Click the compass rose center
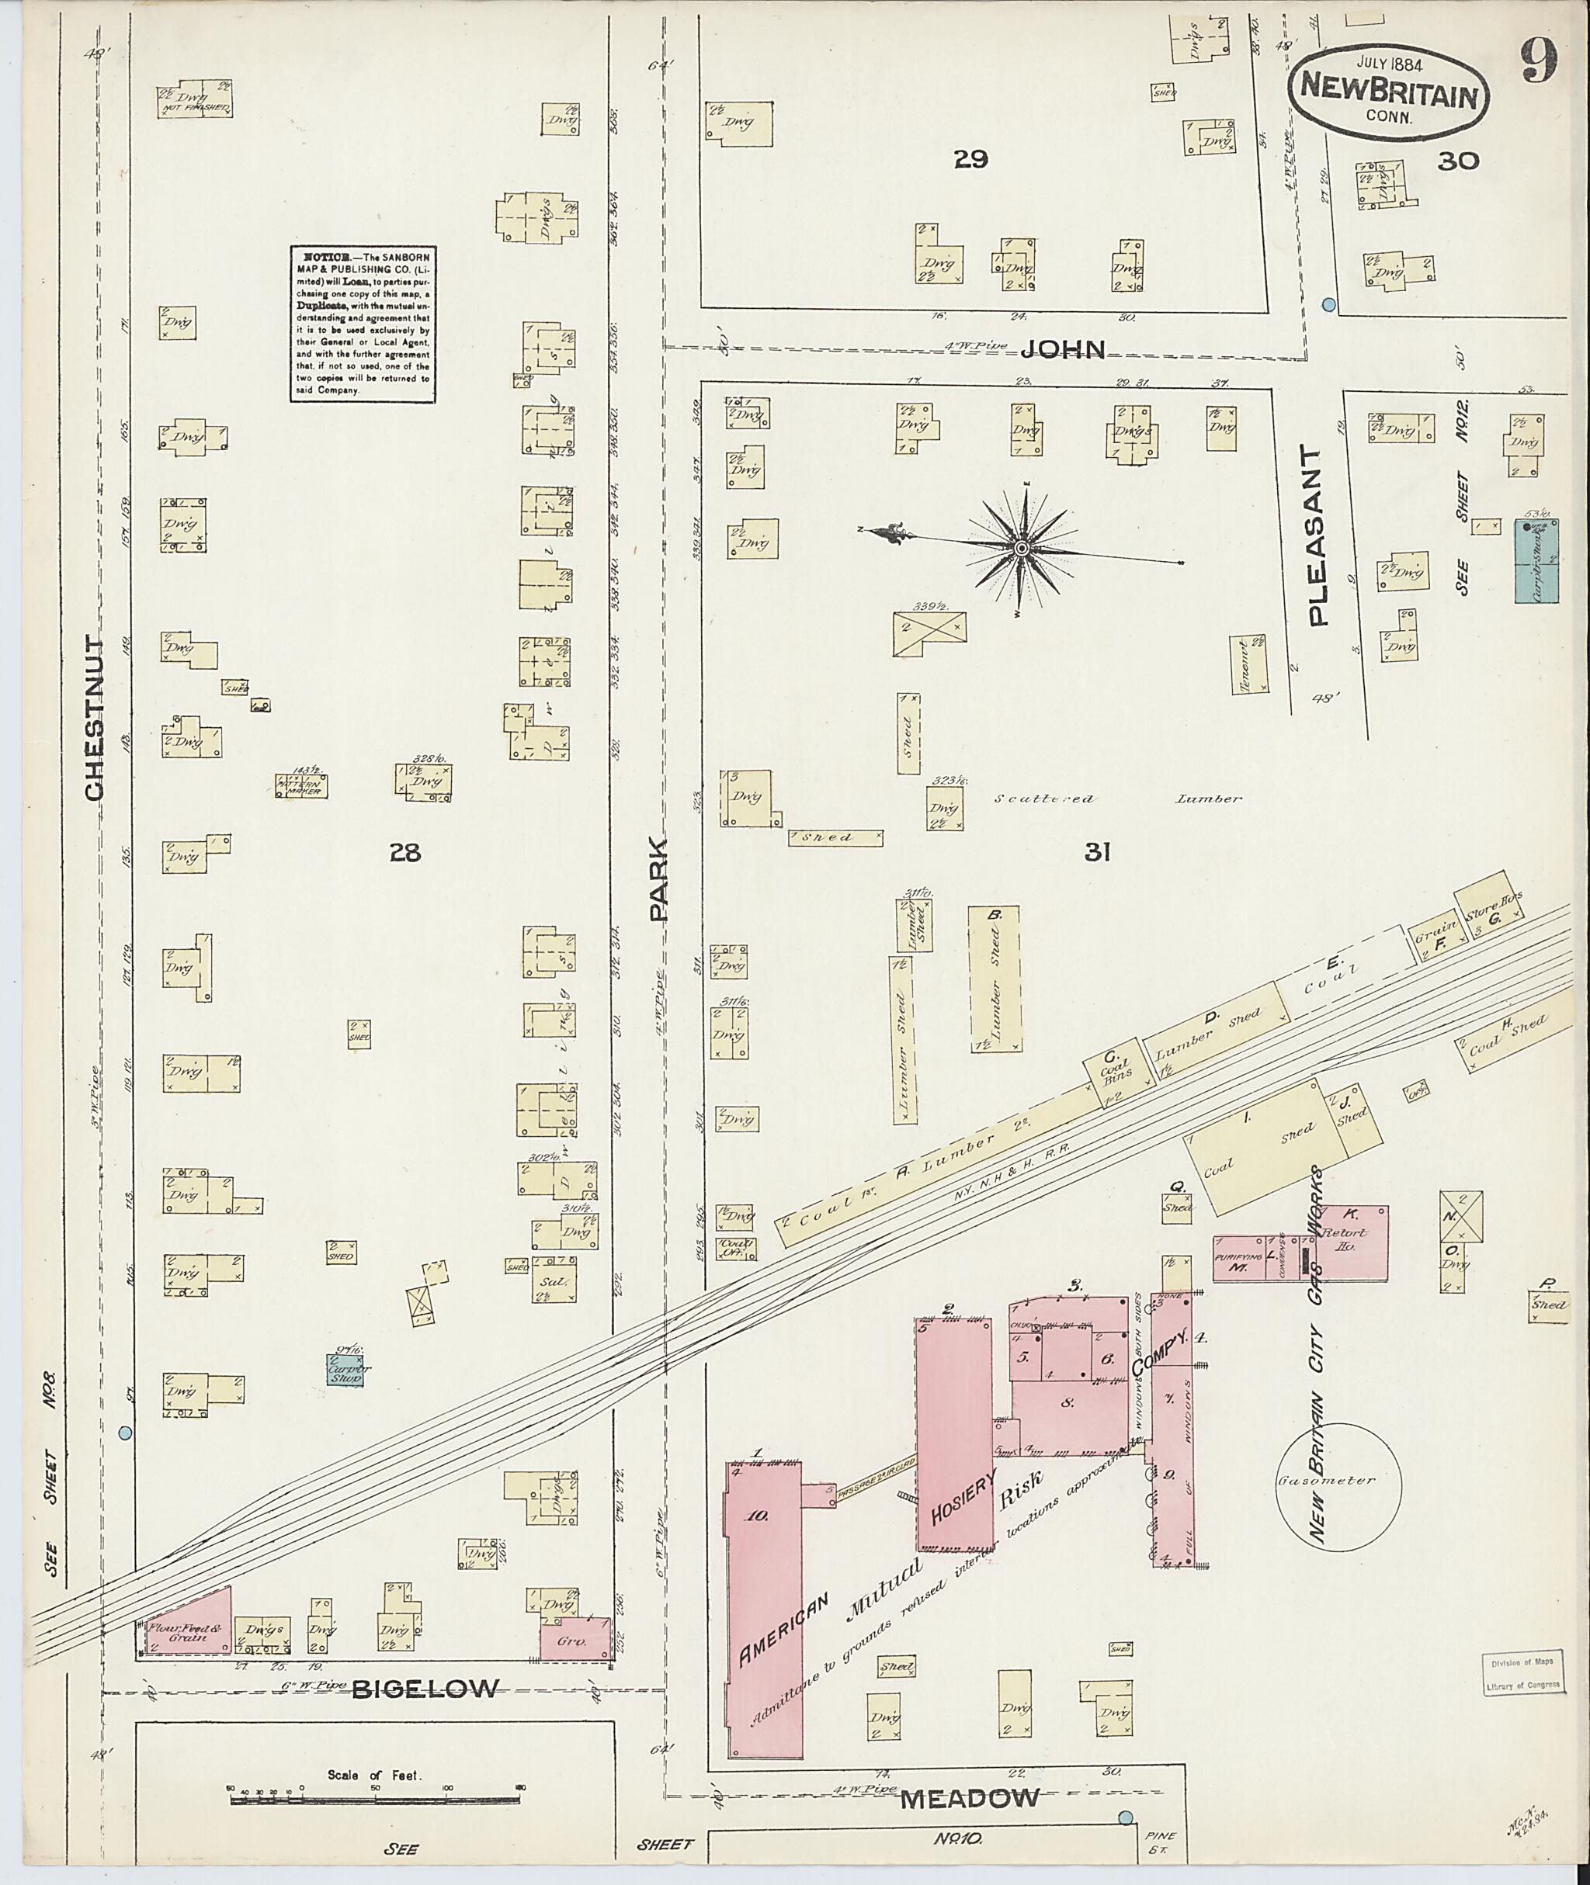pyautogui.click(x=1022, y=548)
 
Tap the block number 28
pyautogui.click(x=404, y=851)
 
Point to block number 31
pyautogui.click(x=1096, y=851)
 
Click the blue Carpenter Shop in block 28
pyautogui.click(x=345, y=1370)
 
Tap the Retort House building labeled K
pyautogui.click(x=1352, y=1242)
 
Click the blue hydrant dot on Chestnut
pyautogui.click(x=125, y=1432)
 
